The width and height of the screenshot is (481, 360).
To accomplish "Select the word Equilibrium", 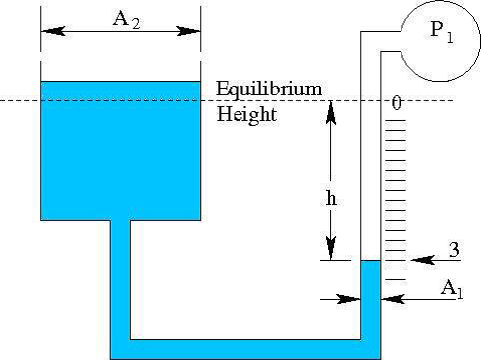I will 269,90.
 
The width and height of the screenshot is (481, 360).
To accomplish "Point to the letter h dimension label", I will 332,196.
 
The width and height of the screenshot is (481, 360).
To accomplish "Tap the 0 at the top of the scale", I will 396,103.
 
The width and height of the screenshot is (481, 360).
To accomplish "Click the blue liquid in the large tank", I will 119,149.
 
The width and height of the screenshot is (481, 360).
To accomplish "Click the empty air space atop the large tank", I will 119,60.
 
